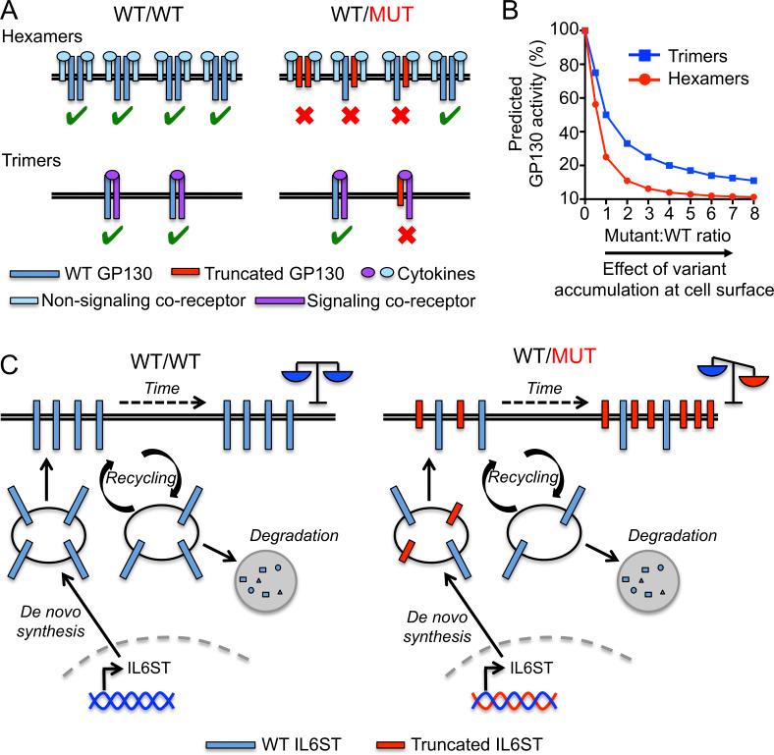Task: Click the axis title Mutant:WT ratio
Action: (x=674, y=237)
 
